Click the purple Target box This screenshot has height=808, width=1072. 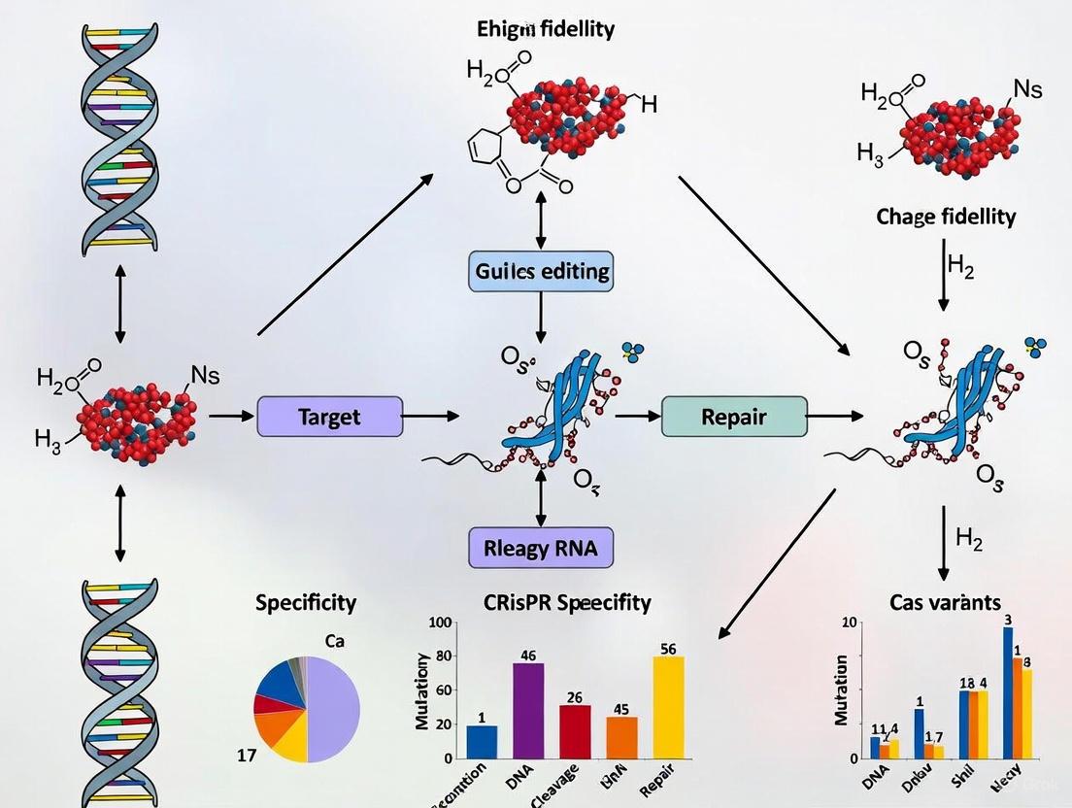[x=329, y=417]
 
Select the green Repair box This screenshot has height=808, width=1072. [x=733, y=417]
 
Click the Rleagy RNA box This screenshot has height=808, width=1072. [x=542, y=548]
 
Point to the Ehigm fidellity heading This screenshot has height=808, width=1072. [x=546, y=29]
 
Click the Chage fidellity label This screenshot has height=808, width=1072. [x=946, y=216]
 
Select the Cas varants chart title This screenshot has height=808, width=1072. [x=944, y=602]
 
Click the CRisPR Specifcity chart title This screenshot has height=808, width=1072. [x=567, y=602]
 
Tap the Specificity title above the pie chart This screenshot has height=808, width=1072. [x=306, y=602]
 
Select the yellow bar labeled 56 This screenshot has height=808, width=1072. [x=668, y=707]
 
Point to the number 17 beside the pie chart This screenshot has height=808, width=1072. [x=247, y=755]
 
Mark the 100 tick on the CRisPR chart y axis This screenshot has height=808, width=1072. [x=441, y=623]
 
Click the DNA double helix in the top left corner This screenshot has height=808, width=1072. [x=119, y=136]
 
